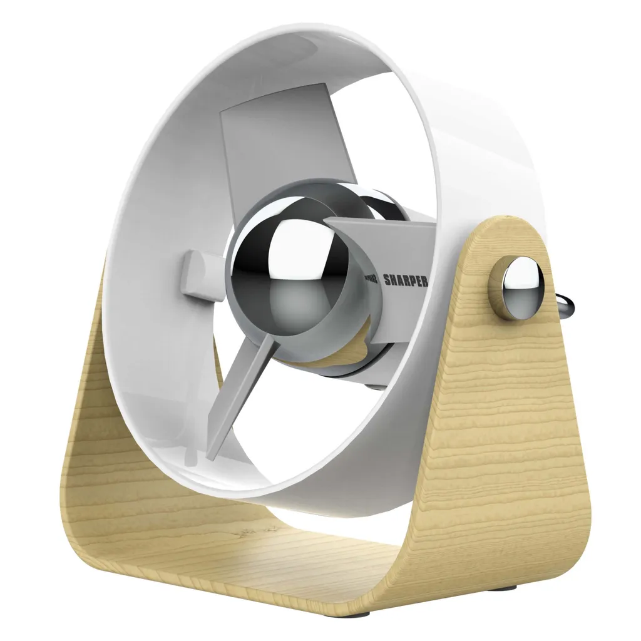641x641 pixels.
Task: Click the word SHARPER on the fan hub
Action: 405,280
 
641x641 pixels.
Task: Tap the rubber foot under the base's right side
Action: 508,587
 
